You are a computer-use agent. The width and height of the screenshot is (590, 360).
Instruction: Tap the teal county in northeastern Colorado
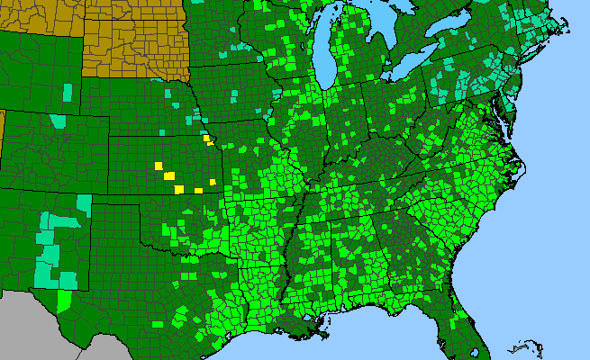click(x=59, y=120)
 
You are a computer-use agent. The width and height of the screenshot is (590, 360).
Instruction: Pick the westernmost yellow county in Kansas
click(x=158, y=166)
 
